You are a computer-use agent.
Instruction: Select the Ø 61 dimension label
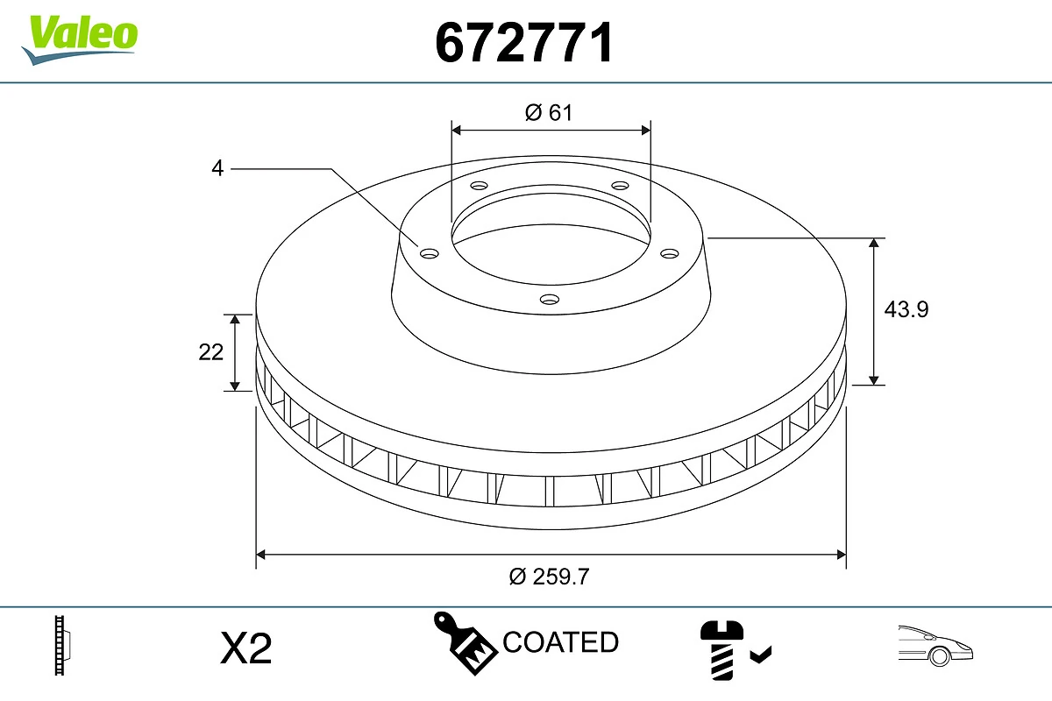(549, 112)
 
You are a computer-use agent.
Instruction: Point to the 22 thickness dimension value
(211, 352)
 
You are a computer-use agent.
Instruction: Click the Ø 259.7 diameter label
(550, 577)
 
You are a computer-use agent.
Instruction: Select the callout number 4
(217, 167)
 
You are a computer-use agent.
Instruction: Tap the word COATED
(561, 642)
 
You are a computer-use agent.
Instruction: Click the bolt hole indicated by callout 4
(429, 254)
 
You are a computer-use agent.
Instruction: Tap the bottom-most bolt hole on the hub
(550, 300)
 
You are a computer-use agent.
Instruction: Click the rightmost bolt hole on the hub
(670, 253)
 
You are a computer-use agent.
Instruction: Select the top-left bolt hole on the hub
(479, 186)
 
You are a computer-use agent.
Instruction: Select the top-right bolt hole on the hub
(621, 186)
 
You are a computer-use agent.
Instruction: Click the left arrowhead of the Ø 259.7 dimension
(260, 555)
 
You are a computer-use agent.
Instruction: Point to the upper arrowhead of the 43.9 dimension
(874, 243)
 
